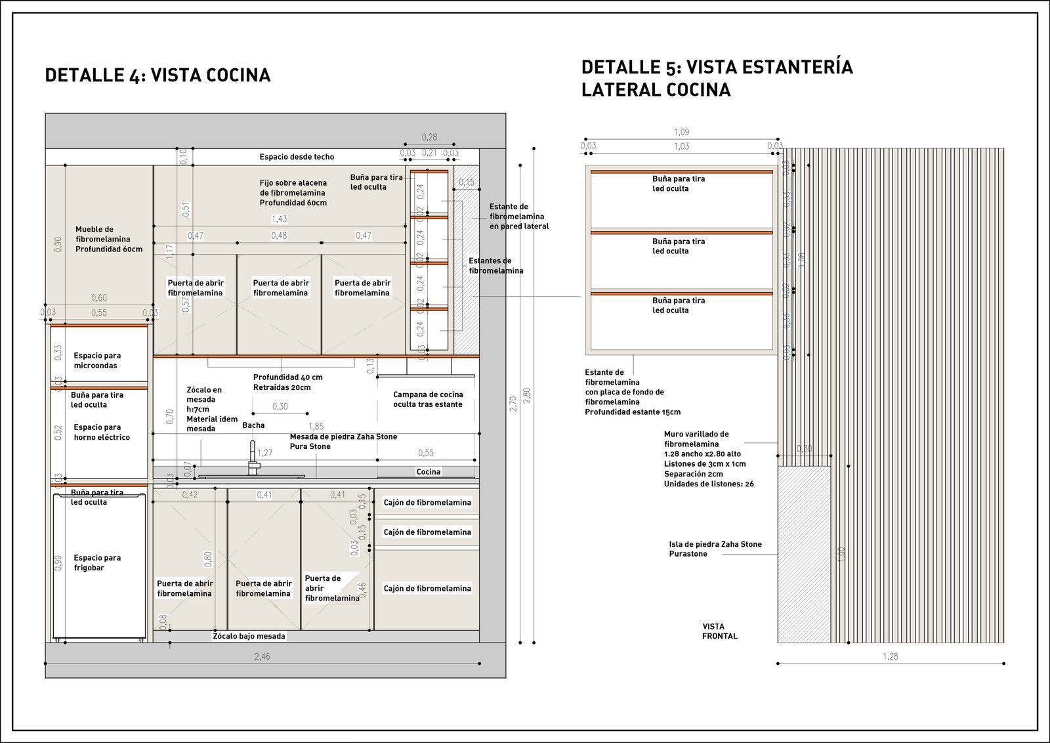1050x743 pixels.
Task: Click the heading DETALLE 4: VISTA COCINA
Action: [x=157, y=75]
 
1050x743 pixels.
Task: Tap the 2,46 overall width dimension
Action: [x=262, y=656]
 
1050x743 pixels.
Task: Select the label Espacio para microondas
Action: [x=97, y=360]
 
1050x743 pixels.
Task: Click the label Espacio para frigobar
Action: [x=97, y=563]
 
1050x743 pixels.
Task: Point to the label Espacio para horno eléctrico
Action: [x=102, y=432]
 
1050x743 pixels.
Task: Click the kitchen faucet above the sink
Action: [x=253, y=458]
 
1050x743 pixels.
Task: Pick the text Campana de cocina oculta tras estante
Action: [x=428, y=399]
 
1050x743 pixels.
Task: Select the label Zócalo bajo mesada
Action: [x=249, y=636]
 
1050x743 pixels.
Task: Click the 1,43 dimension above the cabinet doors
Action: [x=280, y=219]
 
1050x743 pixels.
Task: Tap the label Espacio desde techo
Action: [x=297, y=157]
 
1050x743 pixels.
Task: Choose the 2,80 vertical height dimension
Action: [x=526, y=396]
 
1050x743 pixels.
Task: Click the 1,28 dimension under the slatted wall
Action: [x=891, y=656]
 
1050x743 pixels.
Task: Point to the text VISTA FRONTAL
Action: [x=719, y=631]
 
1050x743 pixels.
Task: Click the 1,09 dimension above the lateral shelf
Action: [x=682, y=133]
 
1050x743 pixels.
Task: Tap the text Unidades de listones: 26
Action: [x=709, y=484]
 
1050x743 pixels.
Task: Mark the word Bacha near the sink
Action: [x=253, y=425]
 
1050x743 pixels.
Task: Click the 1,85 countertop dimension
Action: [x=316, y=427]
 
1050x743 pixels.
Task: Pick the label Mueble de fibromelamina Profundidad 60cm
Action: [x=108, y=240]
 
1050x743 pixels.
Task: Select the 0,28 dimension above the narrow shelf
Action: [x=429, y=137]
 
